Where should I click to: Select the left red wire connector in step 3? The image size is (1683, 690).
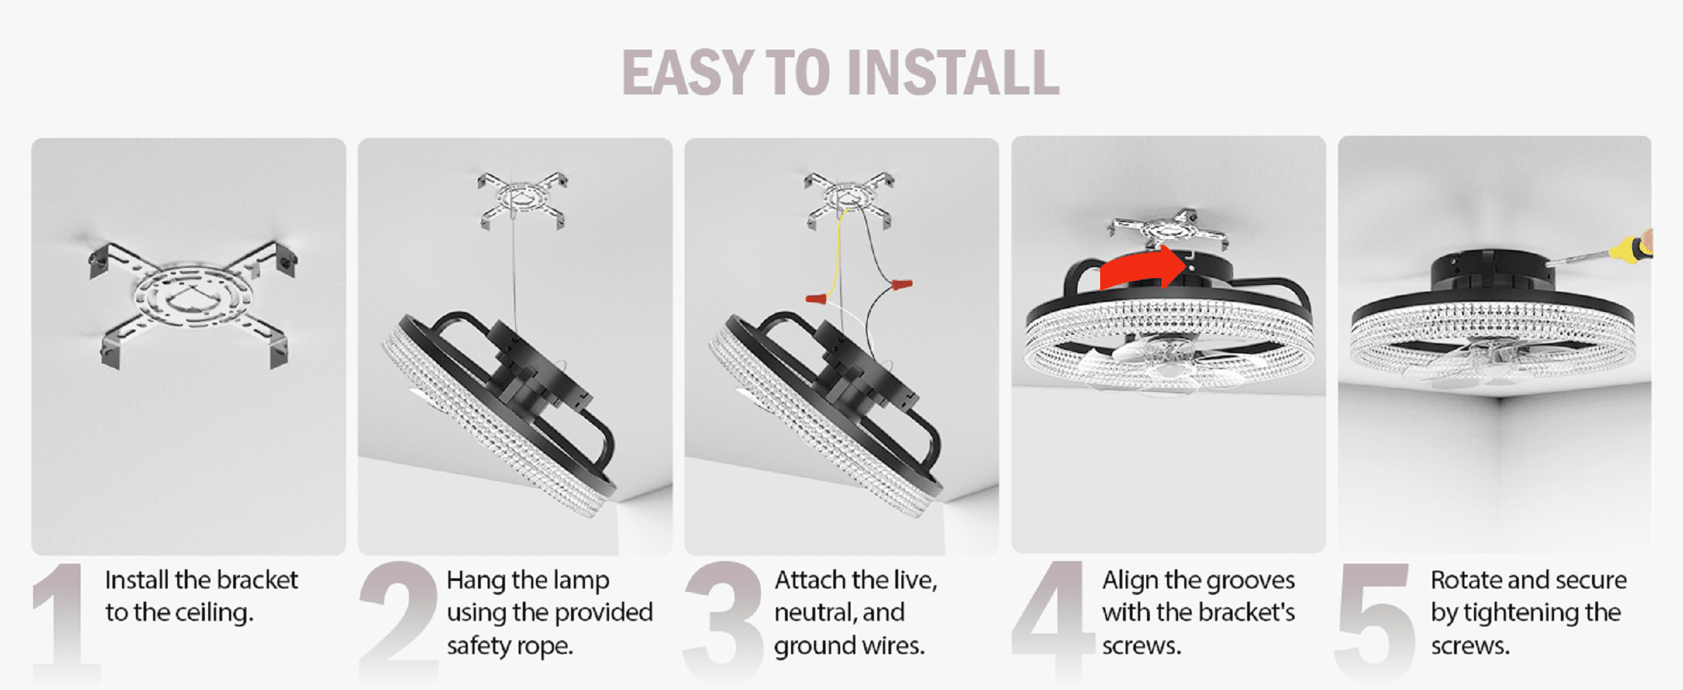(x=816, y=299)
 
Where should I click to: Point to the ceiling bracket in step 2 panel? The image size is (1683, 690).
(x=522, y=200)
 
